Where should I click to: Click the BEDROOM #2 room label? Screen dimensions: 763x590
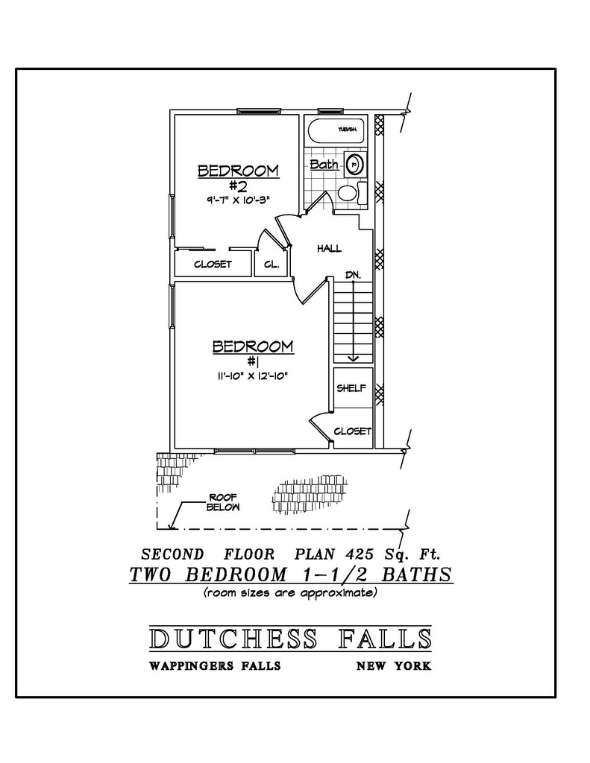238,177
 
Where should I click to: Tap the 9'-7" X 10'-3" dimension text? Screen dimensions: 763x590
238,200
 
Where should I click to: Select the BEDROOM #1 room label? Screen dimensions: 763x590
253,353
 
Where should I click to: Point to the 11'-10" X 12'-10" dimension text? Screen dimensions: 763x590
253,376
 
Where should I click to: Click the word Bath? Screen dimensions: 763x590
324,165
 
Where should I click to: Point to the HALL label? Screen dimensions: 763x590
329,247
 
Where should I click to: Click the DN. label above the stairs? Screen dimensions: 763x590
354,275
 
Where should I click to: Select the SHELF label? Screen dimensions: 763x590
351,388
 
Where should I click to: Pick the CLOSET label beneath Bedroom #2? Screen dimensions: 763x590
213,264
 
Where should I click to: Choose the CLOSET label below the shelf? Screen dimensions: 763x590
352,431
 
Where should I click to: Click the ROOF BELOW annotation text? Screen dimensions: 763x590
223,502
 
